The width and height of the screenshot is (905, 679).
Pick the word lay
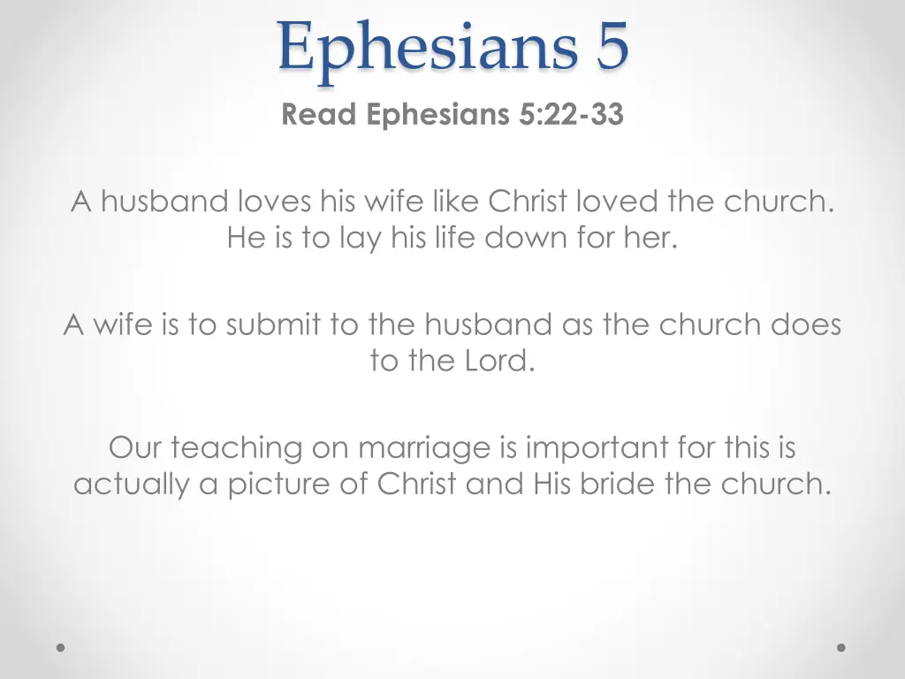pyautogui.click(x=359, y=238)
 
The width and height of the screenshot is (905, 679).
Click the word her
pyautogui.click(x=653, y=238)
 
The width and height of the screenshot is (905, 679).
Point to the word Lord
pyautogui.click(x=497, y=362)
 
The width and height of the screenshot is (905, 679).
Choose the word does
pyautogui.click(x=805, y=325)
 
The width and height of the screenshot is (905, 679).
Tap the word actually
pyautogui.click(x=132, y=485)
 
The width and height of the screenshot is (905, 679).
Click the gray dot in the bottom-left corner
pyautogui.click(x=61, y=647)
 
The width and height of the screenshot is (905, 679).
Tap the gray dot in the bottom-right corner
pyautogui.click(x=841, y=647)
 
